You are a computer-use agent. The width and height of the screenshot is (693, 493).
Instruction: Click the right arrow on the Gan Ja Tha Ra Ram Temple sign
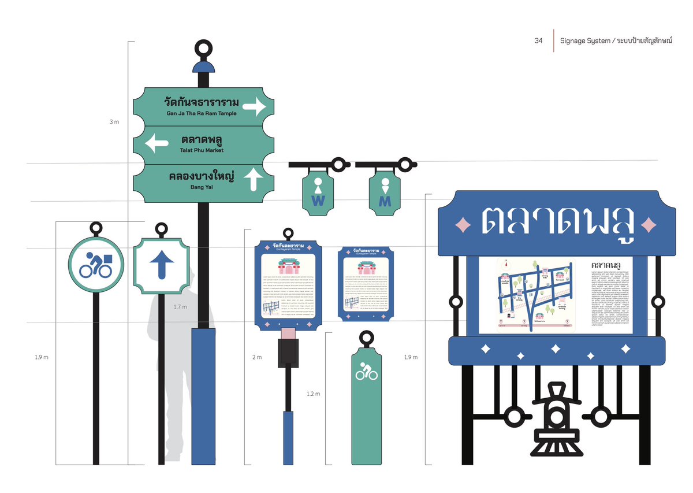[x=254, y=106]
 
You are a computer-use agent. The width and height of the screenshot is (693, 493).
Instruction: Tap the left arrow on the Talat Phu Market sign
[x=157, y=143]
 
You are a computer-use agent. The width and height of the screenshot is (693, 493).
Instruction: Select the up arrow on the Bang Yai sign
[x=253, y=179]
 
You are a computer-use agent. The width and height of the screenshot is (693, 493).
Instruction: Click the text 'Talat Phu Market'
[x=202, y=150]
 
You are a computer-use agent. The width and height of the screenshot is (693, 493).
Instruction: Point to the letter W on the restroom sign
[x=318, y=201]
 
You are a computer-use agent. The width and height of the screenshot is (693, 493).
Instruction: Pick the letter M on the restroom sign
[x=385, y=201]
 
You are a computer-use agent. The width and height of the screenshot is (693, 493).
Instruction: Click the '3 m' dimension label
[x=114, y=122]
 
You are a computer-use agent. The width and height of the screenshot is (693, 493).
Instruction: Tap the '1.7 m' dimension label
[x=180, y=307]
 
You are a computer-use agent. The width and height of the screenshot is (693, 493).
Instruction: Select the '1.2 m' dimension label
[x=313, y=394]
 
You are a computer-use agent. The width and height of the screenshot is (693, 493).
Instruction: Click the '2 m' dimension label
[x=257, y=357]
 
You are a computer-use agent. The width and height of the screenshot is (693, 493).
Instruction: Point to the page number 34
[x=538, y=40]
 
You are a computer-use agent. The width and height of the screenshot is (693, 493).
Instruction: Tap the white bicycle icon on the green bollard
[x=366, y=372]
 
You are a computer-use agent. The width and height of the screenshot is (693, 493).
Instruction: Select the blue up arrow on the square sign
[x=162, y=265]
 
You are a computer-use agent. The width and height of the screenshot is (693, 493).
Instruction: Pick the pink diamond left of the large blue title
[x=463, y=224]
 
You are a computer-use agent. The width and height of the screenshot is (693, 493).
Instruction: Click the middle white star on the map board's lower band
[x=555, y=349]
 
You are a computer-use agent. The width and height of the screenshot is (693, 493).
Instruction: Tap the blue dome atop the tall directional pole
[x=203, y=67]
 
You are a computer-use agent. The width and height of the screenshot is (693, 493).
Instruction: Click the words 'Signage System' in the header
[x=586, y=40]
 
